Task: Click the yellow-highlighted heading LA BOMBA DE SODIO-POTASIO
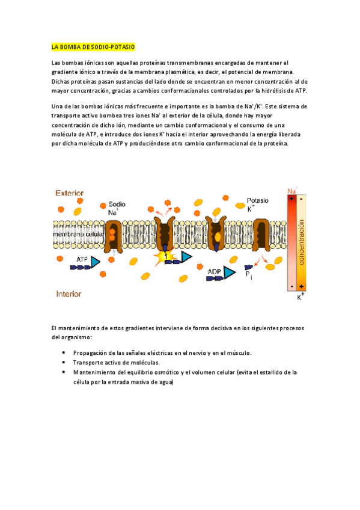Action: [x=93, y=46]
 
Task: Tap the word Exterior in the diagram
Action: [x=70, y=193]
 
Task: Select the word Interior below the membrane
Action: [x=69, y=294]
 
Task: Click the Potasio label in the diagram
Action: [x=258, y=200]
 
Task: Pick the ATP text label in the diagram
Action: [x=82, y=259]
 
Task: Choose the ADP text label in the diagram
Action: [x=214, y=272]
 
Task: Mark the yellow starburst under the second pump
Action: [x=162, y=257]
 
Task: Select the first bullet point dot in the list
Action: [x=64, y=353]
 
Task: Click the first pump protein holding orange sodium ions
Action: [x=114, y=235]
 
